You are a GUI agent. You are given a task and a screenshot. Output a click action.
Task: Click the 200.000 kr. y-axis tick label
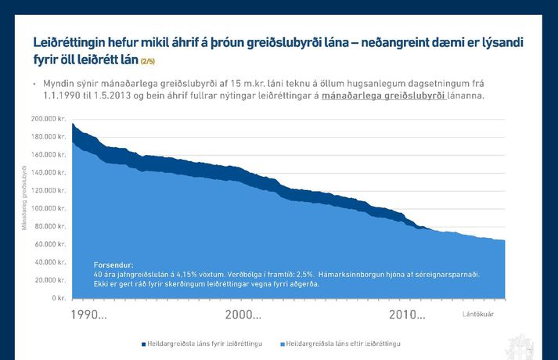click(49, 119)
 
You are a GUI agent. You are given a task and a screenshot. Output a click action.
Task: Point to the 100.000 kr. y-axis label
click(49, 208)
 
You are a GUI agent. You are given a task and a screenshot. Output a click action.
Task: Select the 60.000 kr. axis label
click(51, 244)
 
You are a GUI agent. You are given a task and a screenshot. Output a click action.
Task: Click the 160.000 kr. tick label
click(49, 155)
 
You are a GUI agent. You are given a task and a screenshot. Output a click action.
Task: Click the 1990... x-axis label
click(88, 315)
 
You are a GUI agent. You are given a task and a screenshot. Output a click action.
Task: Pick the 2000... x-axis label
click(243, 315)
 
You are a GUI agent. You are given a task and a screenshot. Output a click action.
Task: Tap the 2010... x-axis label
click(407, 315)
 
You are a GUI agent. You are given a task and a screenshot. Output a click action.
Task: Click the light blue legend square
click(281, 344)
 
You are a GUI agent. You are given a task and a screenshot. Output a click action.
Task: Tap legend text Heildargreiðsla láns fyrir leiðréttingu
click(204, 344)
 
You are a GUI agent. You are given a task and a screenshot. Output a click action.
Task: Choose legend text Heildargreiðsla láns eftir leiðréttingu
click(342, 344)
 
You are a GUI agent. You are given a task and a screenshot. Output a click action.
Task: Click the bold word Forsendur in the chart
click(113, 265)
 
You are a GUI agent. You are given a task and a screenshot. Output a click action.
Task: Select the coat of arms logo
click(520, 345)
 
